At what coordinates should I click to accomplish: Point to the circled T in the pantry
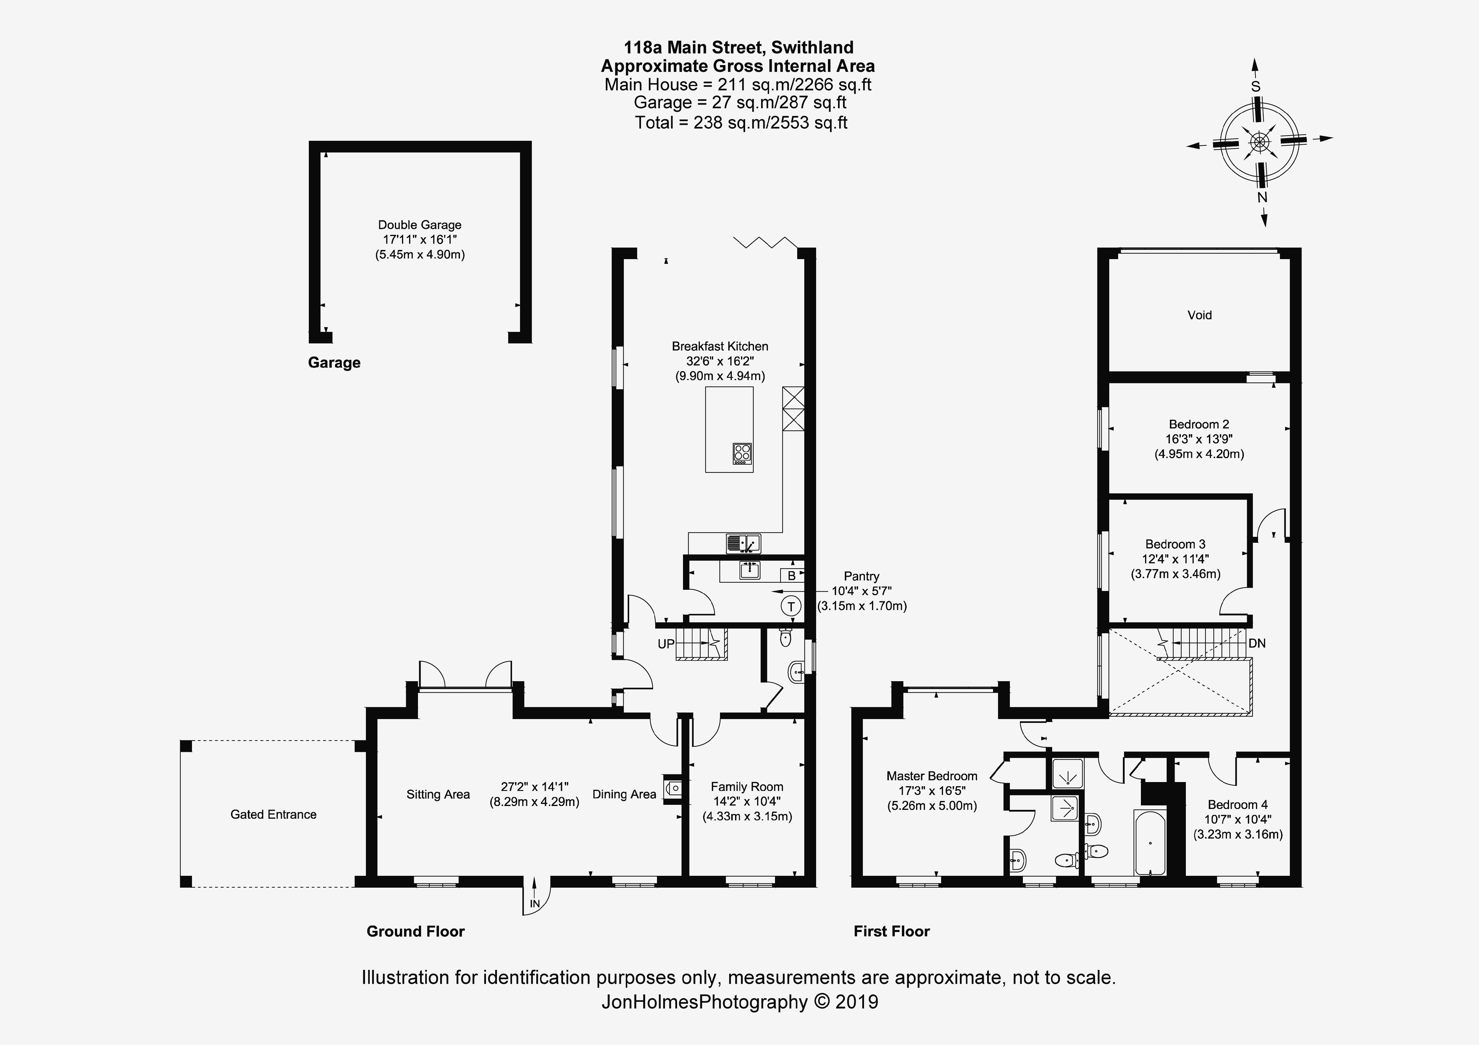(x=791, y=606)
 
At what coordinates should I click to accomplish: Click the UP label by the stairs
(x=666, y=644)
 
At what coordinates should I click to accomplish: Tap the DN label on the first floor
(x=1257, y=643)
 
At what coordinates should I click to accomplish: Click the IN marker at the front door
(x=535, y=904)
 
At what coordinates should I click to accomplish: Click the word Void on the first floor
(x=1199, y=315)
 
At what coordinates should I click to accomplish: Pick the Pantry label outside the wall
(x=861, y=576)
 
